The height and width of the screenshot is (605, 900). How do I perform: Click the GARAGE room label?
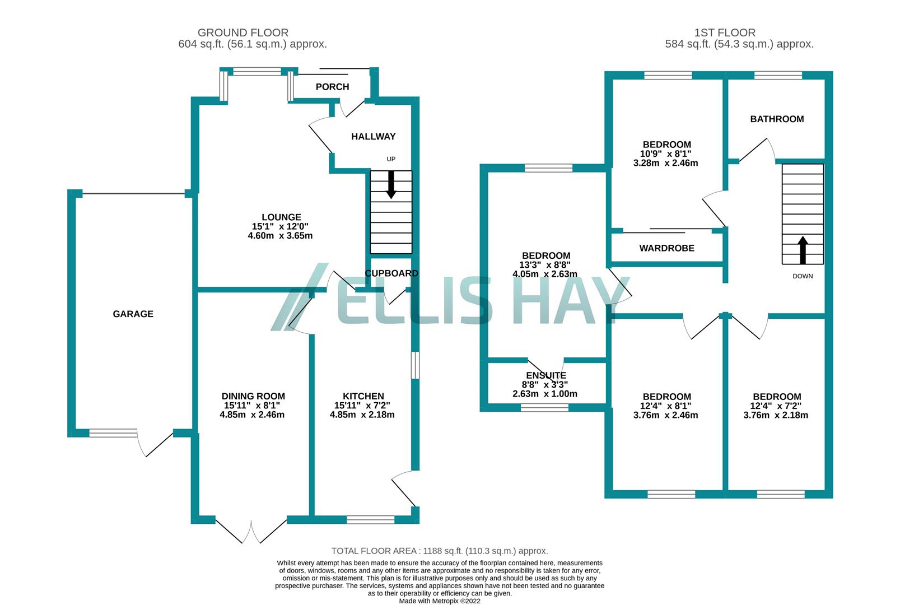click(133, 314)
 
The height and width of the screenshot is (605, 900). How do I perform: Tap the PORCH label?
click(332, 87)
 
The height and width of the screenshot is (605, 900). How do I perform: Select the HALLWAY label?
click(373, 137)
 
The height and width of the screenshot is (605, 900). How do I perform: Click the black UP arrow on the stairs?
click(391, 184)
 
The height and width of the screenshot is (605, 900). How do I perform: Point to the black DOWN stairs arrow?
click(803, 250)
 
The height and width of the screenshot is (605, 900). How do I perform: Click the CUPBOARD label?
click(391, 273)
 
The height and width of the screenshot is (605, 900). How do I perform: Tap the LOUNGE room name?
click(281, 217)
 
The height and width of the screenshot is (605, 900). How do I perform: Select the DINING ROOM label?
click(253, 396)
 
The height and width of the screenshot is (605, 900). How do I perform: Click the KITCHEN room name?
click(363, 396)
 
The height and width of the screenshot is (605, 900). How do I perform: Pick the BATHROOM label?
click(777, 119)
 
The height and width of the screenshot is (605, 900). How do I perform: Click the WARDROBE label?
click(666, 248)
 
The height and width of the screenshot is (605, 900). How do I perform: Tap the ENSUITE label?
click(546, 375)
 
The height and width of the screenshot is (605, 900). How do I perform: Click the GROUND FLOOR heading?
click(243, 33)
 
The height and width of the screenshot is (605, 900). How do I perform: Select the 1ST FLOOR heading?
click(725, 33)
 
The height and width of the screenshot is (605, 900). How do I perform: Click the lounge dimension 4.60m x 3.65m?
click(280, 236)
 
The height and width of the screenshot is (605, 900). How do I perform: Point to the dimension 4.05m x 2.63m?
click(545, 274)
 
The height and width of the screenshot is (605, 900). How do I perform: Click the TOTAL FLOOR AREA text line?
click(440, 551)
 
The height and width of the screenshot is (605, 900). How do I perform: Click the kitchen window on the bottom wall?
click(370, 520)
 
